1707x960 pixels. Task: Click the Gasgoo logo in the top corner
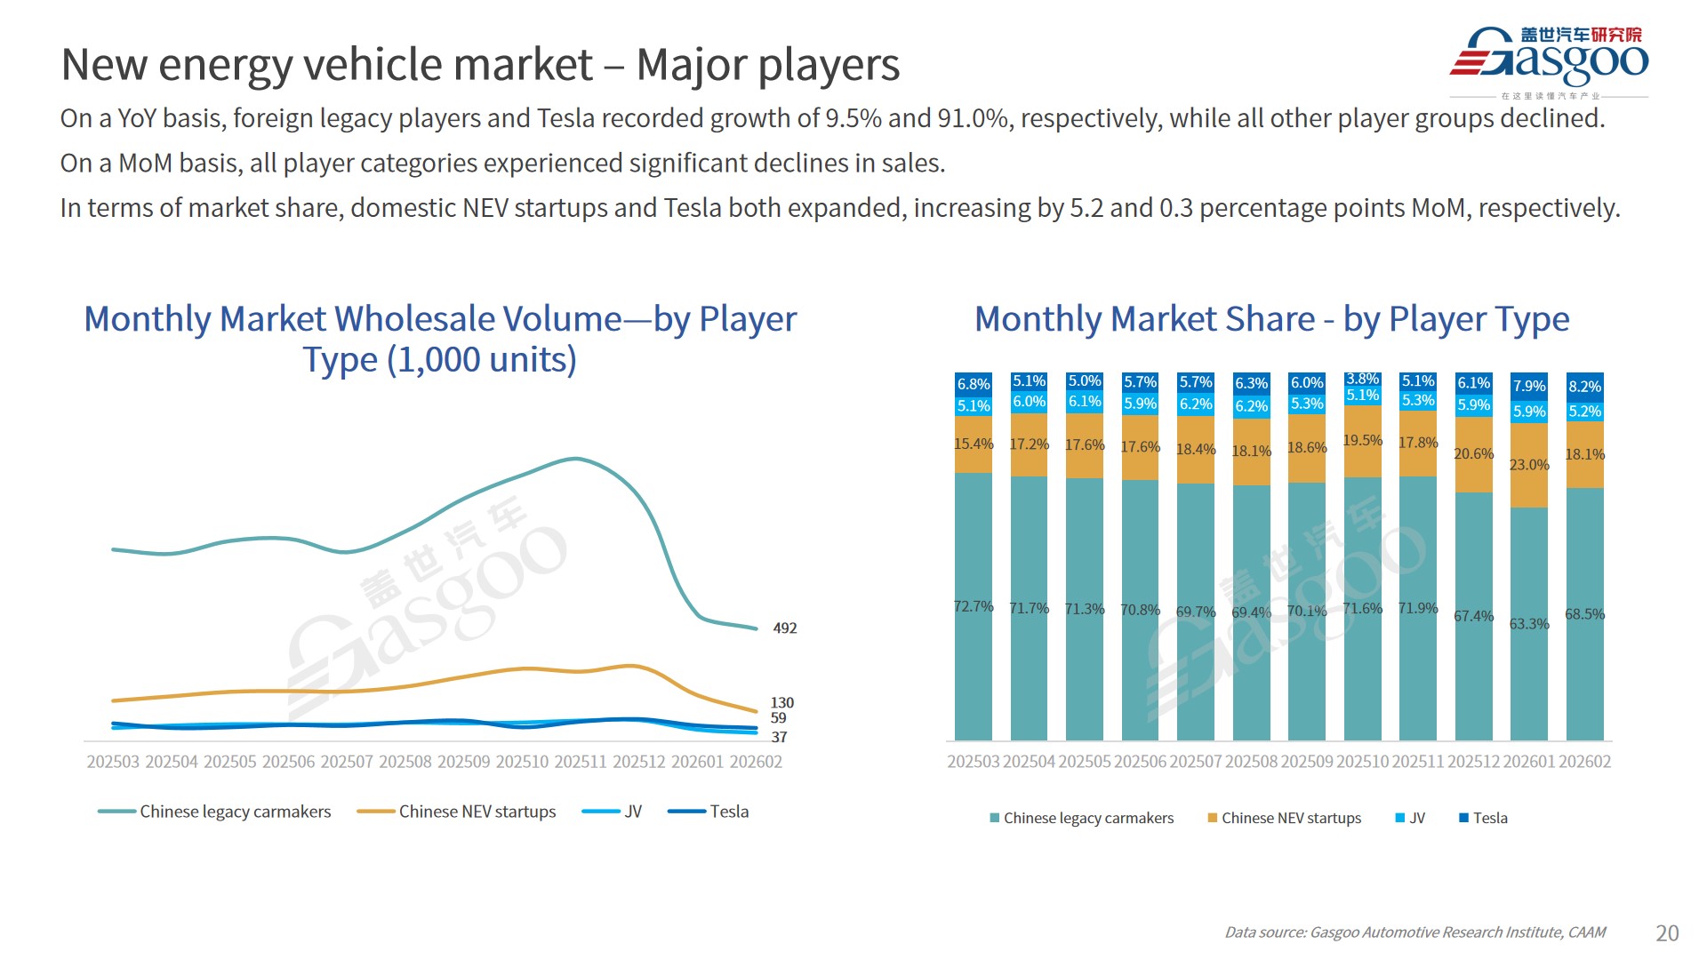[1549, 59]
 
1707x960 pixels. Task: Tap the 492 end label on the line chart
[785, 628]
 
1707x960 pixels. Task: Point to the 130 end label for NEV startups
[781, 703]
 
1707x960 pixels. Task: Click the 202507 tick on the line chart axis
[347, 762]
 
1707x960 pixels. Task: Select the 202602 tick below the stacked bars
[1584, 762]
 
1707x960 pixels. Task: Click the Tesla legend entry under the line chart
[729, 812]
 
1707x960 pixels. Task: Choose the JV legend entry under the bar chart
[1417, 818]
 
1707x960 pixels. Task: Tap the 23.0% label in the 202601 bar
[1529, 465]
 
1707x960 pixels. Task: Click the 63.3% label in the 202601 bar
[1529, 624]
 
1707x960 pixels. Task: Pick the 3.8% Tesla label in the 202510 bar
[1362, 380]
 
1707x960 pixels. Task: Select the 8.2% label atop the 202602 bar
[1584, 387]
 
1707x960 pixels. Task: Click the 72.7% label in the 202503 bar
[974, 606]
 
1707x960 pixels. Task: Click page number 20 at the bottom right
[1667, 932]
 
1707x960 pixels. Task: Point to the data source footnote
[1414, 932]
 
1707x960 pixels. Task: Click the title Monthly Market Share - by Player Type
[1271, 319]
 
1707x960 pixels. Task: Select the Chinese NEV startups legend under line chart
[477, 812]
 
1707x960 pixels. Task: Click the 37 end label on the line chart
[779, 737]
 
